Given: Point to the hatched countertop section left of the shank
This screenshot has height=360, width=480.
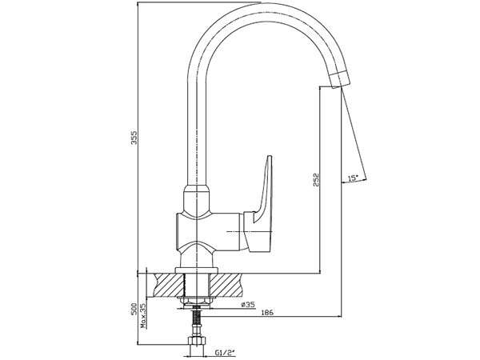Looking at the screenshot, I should (169, 284).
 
